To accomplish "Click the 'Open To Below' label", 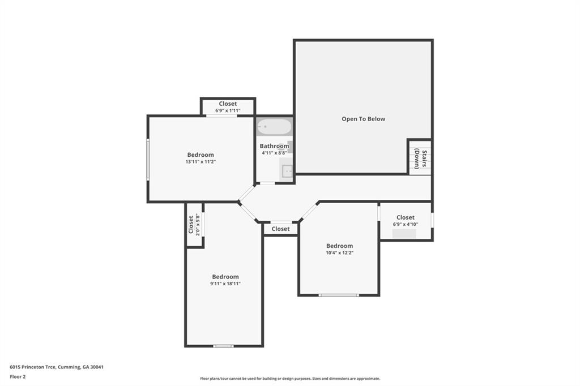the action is pos(363,119).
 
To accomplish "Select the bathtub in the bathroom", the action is pos(275,127).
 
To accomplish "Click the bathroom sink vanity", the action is pos(286,170).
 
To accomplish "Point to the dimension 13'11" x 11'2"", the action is pos(201,162).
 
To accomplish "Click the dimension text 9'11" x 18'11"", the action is pos(225,284).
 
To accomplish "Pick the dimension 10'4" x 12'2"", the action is pos(340,253).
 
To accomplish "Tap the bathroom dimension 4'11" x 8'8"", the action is pos(275,153).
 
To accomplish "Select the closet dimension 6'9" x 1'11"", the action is pos(228,110).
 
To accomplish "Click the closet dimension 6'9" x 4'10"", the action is pos(406,225).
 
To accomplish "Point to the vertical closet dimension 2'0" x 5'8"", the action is pos(198,225).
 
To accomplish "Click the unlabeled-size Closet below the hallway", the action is pos(280,229).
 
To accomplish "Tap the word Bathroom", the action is pos(275,146).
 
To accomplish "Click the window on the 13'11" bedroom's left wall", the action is pos(148,160).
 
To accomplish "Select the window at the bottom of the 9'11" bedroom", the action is pos(223,346).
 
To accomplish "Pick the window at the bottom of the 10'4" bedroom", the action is pos(339,295).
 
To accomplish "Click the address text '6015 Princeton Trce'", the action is pos(32,367).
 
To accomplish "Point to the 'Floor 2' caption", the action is pos(18,377).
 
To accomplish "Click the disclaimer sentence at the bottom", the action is pos(290,379).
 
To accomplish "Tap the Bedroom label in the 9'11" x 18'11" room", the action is pos(225,277).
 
